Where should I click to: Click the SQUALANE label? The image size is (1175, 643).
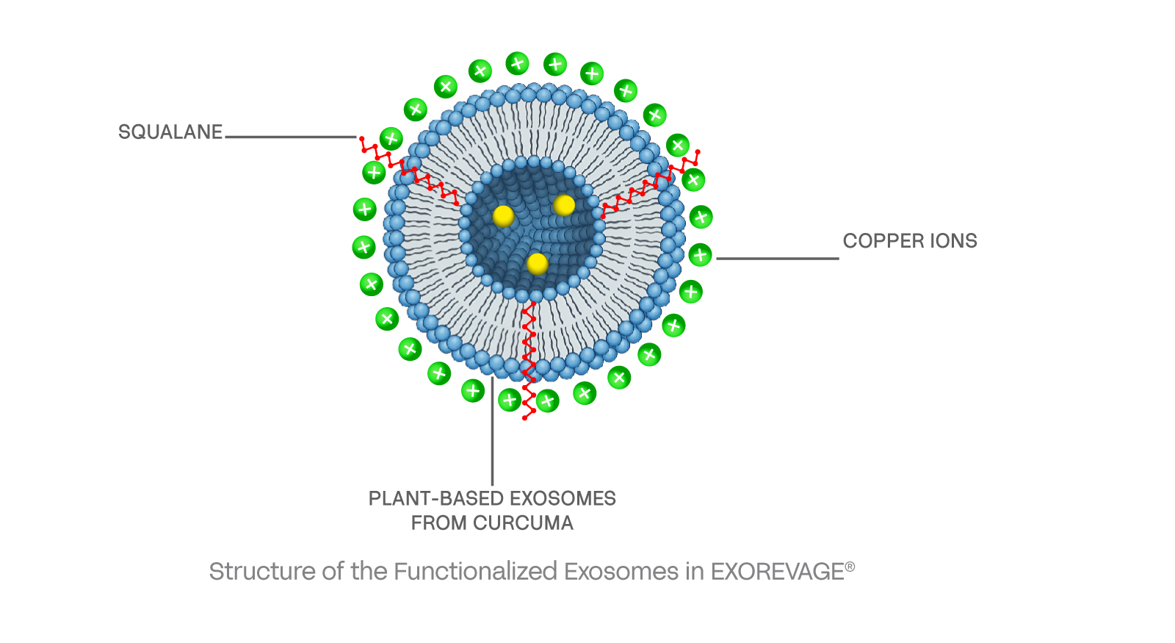[170, 132]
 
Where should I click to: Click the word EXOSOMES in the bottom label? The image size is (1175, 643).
[563, 498]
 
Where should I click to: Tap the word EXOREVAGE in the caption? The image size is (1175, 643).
[777, 572]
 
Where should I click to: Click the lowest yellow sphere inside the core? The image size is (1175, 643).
[538, 264]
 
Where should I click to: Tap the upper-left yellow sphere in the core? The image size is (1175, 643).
[503, 216]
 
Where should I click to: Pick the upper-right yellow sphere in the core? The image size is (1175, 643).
[564, 205]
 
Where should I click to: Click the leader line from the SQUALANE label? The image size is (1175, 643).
[291, 137]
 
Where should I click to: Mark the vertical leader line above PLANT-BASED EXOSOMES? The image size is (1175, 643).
[492, 434]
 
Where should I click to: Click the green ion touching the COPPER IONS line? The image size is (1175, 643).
[700, 255]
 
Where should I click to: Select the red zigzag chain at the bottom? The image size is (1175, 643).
[529, 360]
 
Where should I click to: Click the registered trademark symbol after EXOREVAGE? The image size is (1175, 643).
[850, 567]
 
